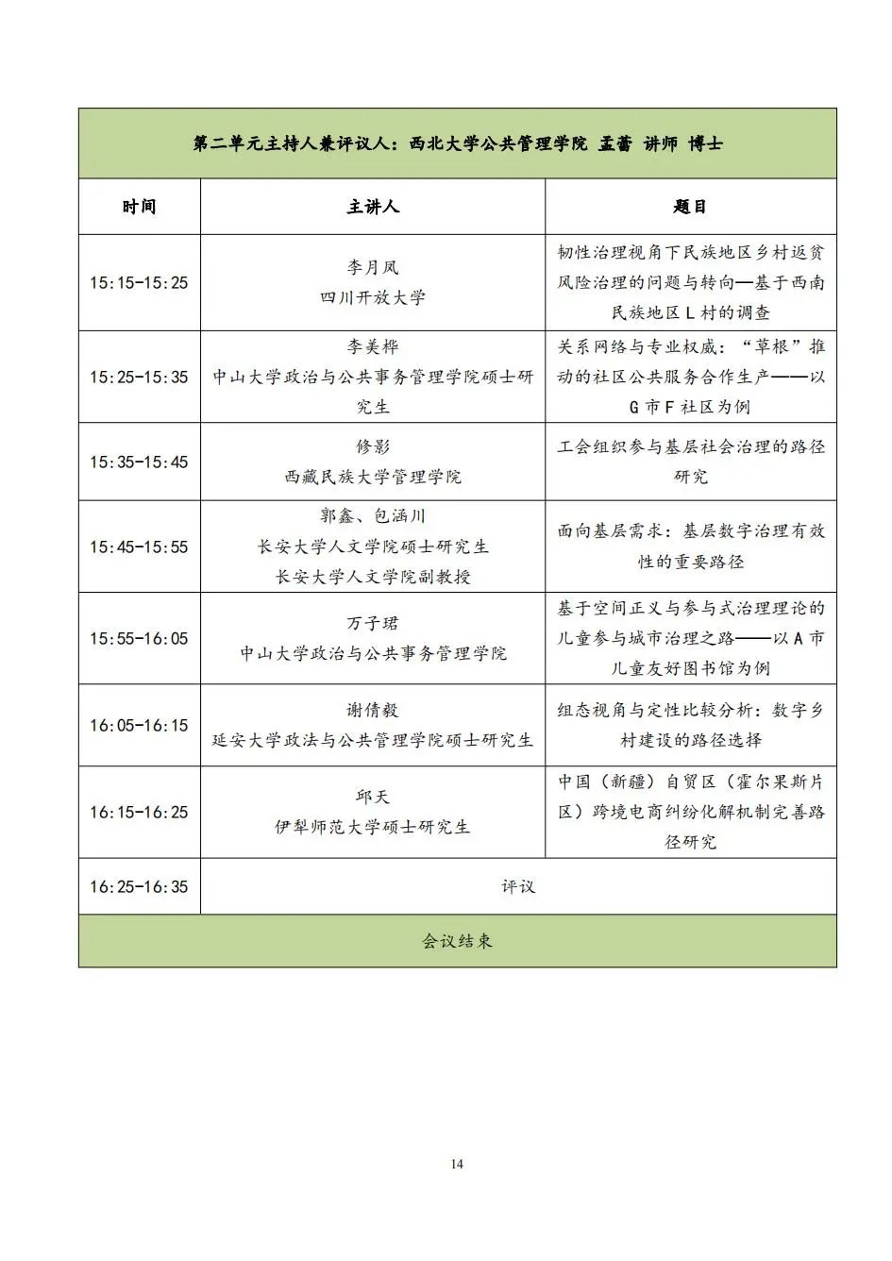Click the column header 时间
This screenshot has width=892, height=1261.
point(139,207)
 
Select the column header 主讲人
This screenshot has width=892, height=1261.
point(372,207)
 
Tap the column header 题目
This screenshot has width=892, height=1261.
point(690,207)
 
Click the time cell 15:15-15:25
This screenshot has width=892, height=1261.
point(139,282)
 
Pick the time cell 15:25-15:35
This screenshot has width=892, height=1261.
point(139,377)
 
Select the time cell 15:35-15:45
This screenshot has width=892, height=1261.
point(139,462)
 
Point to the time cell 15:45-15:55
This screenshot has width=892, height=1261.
point(139,546)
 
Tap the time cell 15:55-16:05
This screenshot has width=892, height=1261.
point(139,638)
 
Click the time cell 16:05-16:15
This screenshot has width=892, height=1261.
point(139,725)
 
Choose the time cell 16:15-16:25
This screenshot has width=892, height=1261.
point(139,812)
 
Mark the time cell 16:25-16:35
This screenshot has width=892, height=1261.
point(139,886)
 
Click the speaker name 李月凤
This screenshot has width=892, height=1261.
point(372,268)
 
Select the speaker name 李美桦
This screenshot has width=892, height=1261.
point(372,346)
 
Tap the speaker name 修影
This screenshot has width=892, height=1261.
point(372,446)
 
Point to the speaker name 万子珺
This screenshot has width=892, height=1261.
point(372,623)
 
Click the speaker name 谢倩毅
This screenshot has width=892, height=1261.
point(372,710)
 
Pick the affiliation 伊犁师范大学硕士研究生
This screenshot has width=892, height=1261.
point(372,827)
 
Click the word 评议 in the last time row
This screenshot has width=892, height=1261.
point(518,886)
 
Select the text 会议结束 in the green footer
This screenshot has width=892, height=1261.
point(457,941)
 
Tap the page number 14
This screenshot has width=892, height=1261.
point(457,1164)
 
